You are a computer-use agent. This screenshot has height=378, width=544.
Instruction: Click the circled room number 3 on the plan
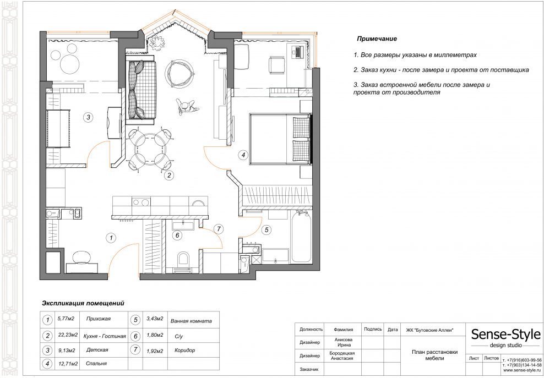88,117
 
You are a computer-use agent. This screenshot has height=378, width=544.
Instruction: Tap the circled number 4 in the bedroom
243,155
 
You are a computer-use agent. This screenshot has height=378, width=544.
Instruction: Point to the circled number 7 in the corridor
219,228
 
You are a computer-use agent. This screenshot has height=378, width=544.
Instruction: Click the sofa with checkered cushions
142,90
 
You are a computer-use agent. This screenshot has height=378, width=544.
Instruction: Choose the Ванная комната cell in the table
191,320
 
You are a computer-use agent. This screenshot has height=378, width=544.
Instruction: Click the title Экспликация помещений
83,303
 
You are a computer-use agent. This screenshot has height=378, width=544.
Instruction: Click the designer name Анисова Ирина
344,342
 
